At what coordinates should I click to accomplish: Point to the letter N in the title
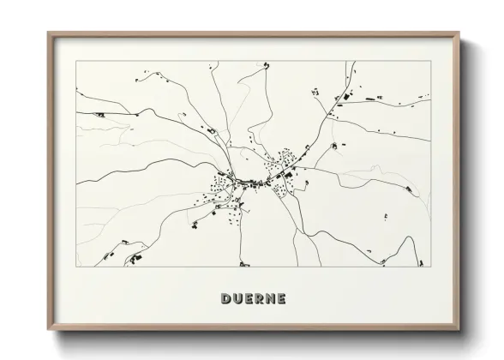point(270,299)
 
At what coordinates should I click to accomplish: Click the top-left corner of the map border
point(76,62)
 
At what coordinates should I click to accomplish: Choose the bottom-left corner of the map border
point(76,267)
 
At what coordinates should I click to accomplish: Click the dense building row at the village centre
point(254,181)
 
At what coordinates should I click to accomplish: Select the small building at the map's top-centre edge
point(267,64)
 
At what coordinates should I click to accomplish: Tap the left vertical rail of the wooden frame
point(51,181)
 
